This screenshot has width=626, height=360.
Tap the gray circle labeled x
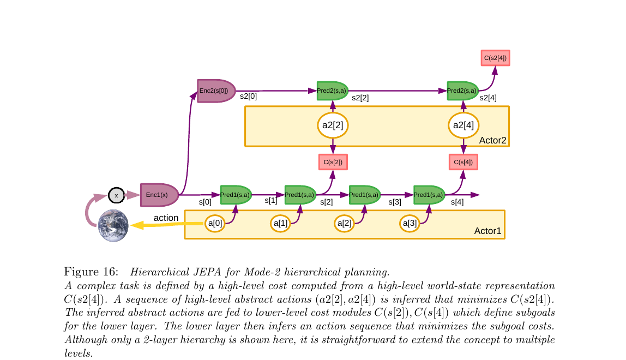coord(116,195)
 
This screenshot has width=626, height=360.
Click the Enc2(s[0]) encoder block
coord(216,91)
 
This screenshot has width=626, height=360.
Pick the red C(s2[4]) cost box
coord(495,57)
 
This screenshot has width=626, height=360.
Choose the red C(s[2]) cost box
coord(333,162)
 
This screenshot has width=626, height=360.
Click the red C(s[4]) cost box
coord(463,162)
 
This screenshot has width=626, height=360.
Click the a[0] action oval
coord(215,223)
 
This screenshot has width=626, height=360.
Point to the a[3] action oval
coord(410,223)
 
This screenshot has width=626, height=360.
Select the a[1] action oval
coord(280,223)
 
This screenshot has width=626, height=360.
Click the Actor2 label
coord(492,141)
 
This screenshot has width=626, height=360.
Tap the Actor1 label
coord(487,231)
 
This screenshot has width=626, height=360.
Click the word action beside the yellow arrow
coord(166,218)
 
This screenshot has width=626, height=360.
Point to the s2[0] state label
coord(249,95)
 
